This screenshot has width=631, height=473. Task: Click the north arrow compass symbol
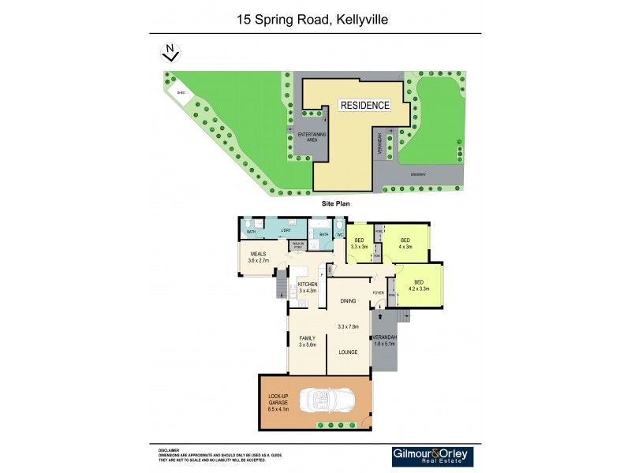(x=169, y=52)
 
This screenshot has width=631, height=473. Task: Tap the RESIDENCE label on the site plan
(x=364, y=105)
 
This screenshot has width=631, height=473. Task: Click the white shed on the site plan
(x=181, y=92)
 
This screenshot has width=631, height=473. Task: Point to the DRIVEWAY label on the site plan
(x=417, y=173)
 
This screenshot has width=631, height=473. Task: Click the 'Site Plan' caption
(x=335, y=203)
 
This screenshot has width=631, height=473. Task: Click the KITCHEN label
(x=308, y=284)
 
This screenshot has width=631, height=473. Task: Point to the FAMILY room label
(x=307, y=340)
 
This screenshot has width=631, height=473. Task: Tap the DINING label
(x=349, y=301)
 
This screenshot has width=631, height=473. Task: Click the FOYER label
(x=379, y=293)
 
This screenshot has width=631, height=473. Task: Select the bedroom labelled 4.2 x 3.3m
(x=419, y=285)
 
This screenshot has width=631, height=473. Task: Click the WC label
(x=339, y=234)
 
